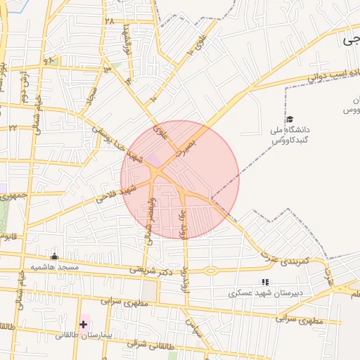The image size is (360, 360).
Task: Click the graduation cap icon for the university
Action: point(289,120)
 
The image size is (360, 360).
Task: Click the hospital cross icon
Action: point(84,324)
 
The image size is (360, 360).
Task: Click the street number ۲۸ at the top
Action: point(109,21)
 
